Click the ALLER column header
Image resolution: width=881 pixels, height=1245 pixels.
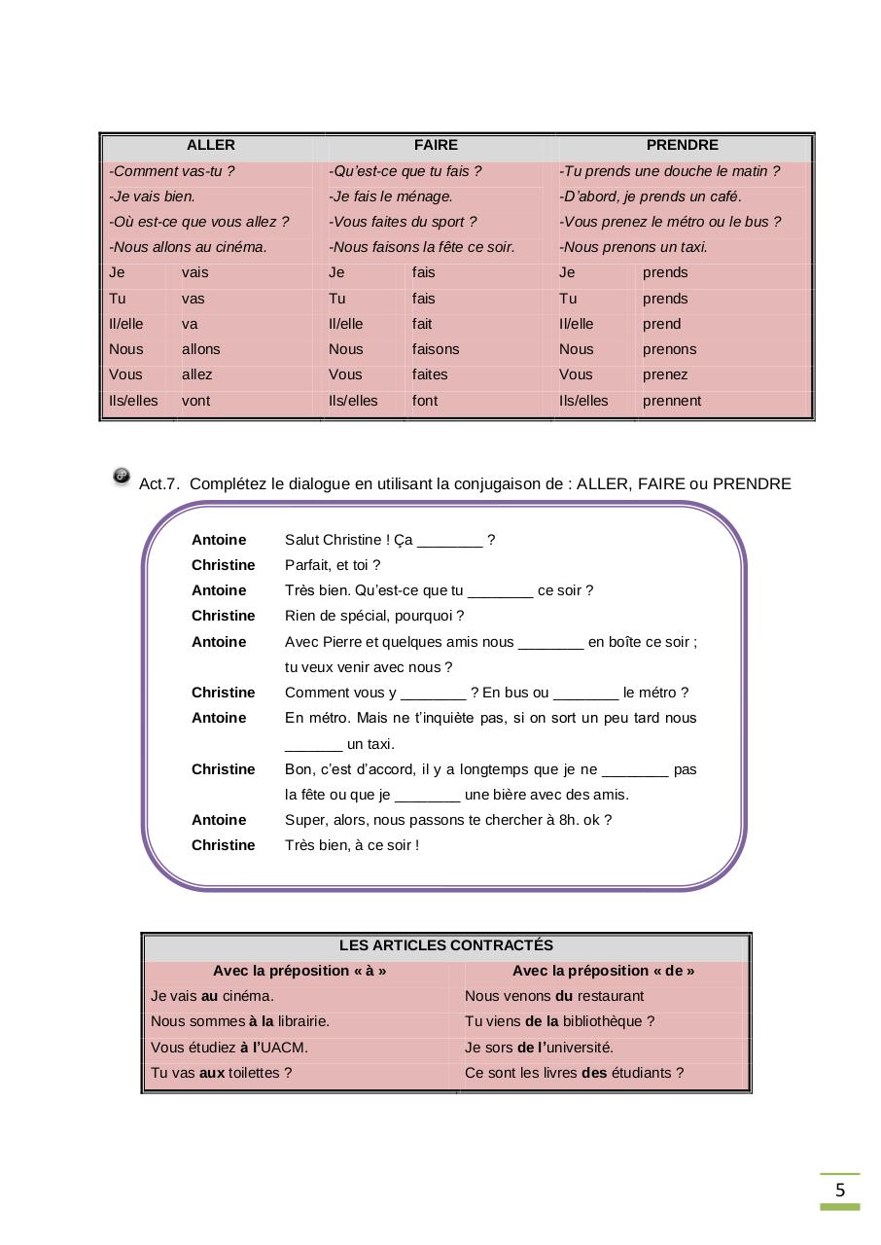point(210,146)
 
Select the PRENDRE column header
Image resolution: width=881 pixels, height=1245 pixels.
point(682,146)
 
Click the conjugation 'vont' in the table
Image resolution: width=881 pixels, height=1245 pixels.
point(195,401)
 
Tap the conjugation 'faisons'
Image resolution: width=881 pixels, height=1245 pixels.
point(435,349)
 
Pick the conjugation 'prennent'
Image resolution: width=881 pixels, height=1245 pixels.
point(671,401)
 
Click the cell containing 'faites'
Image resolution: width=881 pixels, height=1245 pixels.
point(429,374)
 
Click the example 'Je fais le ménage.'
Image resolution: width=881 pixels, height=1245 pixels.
point(391,196)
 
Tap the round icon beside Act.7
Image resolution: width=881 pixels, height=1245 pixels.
point(122,476)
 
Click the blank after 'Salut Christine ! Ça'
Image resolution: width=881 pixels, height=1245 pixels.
point(449,541)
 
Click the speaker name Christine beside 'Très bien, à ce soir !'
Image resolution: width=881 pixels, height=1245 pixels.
point(223,845)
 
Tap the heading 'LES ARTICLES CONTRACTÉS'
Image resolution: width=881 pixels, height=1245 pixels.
point(445,945)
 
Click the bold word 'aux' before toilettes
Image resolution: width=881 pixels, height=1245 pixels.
point(212,1073)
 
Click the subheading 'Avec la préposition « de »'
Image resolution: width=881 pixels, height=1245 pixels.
point(603,971)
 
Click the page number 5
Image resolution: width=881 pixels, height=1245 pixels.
point(839,1191)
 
